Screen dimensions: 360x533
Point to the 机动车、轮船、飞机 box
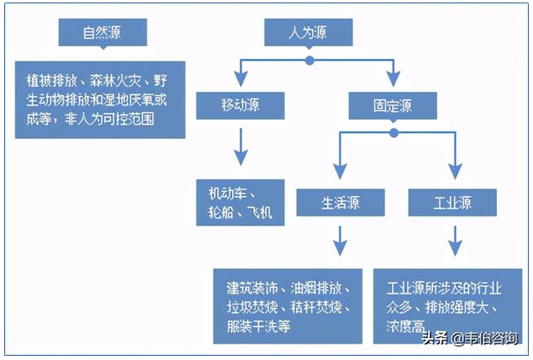[x=240, y=203]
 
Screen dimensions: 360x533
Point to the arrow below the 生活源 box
[x=338, y=240]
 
